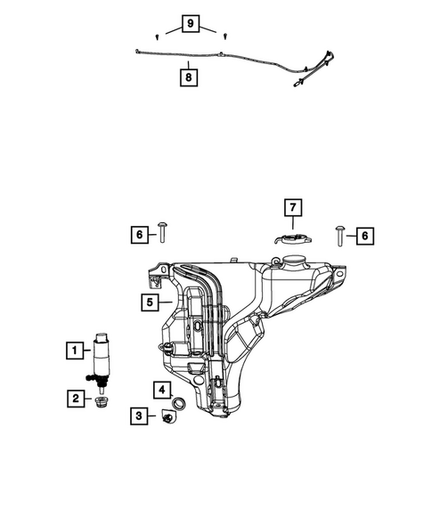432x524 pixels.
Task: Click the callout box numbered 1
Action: (x=75, y=351)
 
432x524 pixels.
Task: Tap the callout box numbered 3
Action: (x=141, y=415)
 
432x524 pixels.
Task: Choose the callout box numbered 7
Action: (x=292, y=209)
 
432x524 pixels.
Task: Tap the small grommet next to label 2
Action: (x=101, y=402)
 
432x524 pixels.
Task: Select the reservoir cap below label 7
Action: (x=290, y=238)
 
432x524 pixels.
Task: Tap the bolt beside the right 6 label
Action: (x=342, y=234)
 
